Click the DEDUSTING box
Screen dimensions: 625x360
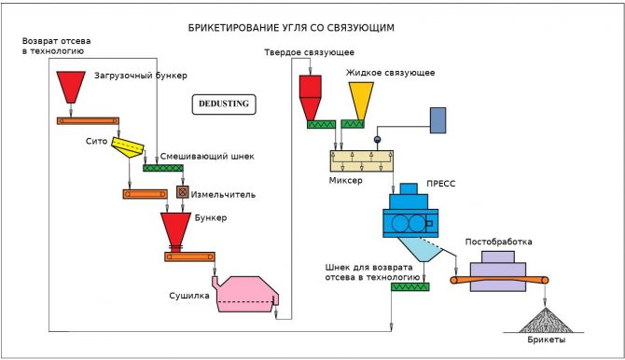(224, 104)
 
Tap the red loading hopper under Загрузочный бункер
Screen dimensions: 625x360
(71, 87)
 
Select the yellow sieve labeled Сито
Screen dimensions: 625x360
(127, 147)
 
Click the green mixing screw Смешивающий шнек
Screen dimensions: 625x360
(163, 168)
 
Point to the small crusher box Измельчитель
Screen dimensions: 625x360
(183, 192)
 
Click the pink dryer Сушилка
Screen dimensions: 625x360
(247, 294)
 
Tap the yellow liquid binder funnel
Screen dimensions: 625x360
(361, 101)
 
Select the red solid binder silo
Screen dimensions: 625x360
(310, 98)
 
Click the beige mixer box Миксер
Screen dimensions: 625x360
(362, 161)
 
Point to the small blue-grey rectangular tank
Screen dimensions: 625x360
(437, 120)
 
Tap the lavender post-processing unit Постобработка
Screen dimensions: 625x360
(498, 270)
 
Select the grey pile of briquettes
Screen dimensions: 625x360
(546, 321)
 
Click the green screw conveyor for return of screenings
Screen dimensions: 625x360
(410, 286)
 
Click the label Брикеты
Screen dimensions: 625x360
(546, 339)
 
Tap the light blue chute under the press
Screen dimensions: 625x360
(421, 249)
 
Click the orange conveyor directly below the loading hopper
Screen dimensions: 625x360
(88, 121)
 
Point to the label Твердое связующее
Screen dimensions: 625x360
(310, 52)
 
